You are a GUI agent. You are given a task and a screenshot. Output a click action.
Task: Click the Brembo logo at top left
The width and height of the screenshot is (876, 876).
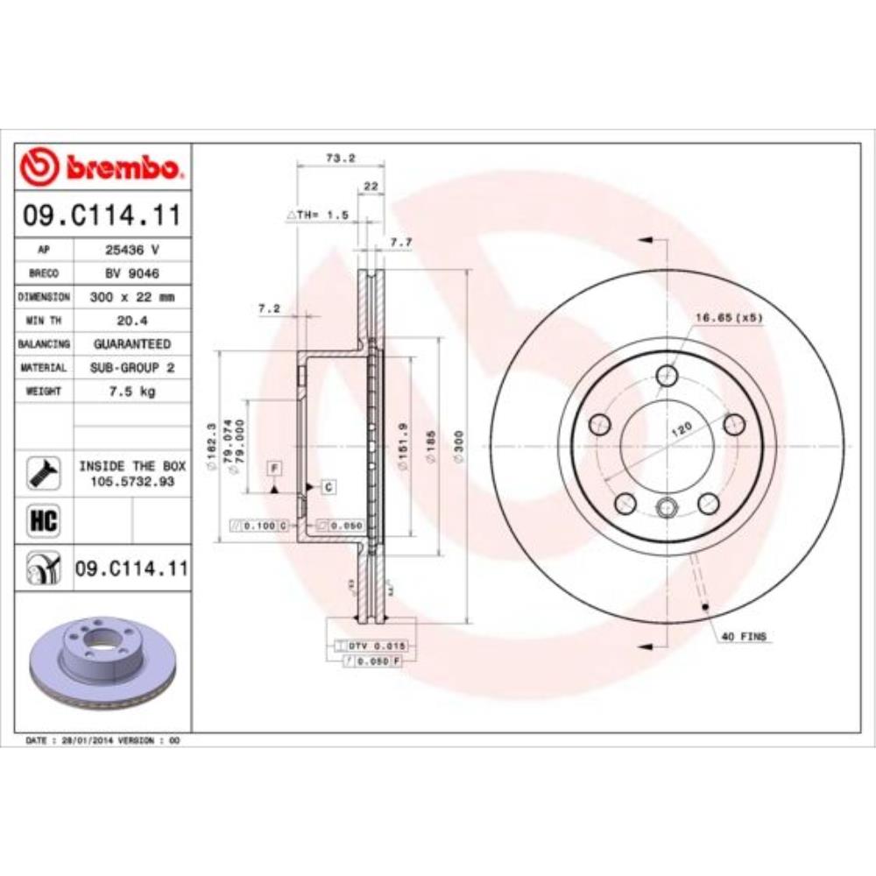(103, 166)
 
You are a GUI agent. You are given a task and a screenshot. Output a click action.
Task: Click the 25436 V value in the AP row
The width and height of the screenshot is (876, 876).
(131, 249)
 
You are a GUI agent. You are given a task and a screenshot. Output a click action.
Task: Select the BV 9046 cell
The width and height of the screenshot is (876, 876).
(131, 272)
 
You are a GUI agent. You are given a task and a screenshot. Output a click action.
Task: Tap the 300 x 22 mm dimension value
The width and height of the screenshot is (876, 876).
(132, 297)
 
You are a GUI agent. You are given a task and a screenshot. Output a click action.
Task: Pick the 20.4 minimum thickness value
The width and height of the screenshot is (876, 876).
(131, 321)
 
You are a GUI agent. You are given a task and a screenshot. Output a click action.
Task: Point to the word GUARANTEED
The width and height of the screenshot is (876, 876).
(132, 344)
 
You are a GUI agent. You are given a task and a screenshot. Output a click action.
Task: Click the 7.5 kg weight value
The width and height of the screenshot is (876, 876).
(132, 392)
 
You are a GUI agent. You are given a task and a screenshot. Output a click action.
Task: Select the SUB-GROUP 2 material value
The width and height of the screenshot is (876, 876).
(132, 368)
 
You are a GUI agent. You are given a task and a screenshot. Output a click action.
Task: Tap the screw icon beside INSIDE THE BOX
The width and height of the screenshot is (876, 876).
(44, 473)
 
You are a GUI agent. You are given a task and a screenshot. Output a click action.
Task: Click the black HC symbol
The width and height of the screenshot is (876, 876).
(44, 521)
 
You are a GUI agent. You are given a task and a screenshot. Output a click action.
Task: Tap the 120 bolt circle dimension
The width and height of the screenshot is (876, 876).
(682, 429)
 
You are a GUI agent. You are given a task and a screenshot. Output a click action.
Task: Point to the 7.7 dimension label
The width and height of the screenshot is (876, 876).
(400, 243)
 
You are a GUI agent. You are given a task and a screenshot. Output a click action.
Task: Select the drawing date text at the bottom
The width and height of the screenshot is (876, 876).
(103, 741)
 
